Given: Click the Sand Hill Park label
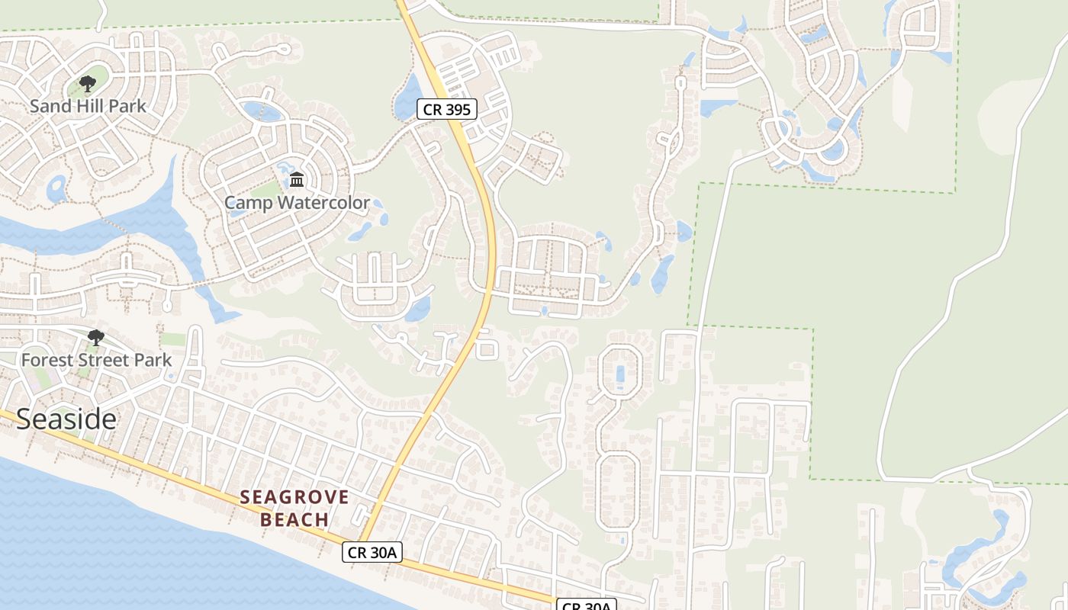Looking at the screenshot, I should (x=88, y=106).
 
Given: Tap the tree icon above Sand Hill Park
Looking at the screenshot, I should (x=88, y=84).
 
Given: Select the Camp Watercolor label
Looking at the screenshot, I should (x=297, y=203).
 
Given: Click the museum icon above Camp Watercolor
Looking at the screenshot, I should (x=297, y=180).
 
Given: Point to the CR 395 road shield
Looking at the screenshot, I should (x=447, y=110).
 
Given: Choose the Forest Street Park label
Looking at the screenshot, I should (x=96, y=360).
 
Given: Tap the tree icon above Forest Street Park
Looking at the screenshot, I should (x=96, y=337).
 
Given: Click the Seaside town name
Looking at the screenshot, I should (x=66, y=419).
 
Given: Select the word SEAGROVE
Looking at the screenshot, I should (x=294, y=498).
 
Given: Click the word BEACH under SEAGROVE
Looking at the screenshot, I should (x=294, y=520).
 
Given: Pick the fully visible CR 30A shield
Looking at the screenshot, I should (x=372, y=552).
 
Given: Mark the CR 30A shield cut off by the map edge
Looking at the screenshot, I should (x=587, y=605).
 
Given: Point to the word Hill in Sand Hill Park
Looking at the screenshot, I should (x=90, y=106).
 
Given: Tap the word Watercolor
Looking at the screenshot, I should (x=324, y=203).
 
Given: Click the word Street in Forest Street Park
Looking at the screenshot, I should (x=100, y=360).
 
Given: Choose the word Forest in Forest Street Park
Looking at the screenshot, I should (x=47, y=360).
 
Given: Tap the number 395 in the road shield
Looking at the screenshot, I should (x=457, y=110).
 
